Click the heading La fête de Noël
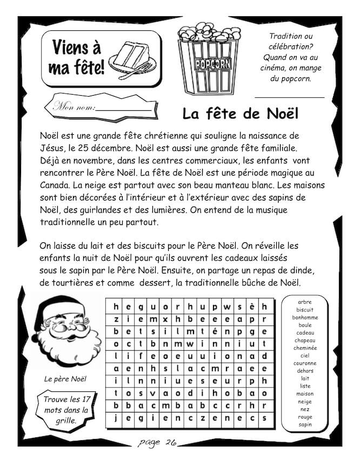240,114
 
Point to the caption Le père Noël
65,379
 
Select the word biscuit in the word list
305,310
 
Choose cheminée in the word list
305,348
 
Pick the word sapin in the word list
305,425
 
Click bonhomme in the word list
305,317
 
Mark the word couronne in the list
305,363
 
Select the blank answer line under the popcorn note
289,97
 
